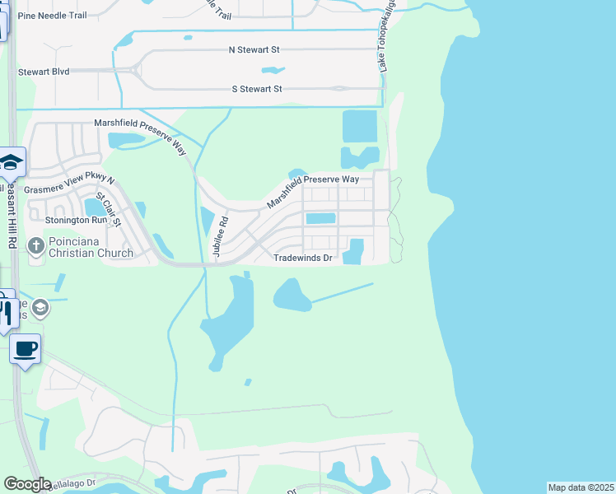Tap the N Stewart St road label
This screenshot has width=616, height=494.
(x=255, y=50)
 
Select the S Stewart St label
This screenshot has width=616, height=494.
(x=256, y=89)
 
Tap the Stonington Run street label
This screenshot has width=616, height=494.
(x=54, y=221)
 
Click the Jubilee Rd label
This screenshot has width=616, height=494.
(x=220, y=236)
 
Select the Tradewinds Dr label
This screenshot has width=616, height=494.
(x=303, y=259)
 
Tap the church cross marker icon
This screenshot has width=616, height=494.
(x=35, y=245)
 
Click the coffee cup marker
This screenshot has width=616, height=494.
(x=26, y=349)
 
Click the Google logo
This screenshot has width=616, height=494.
(x=27, y=484)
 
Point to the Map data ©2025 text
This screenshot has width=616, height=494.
(x=581, y=487)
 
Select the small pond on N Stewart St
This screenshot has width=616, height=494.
(x=273, y=70)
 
